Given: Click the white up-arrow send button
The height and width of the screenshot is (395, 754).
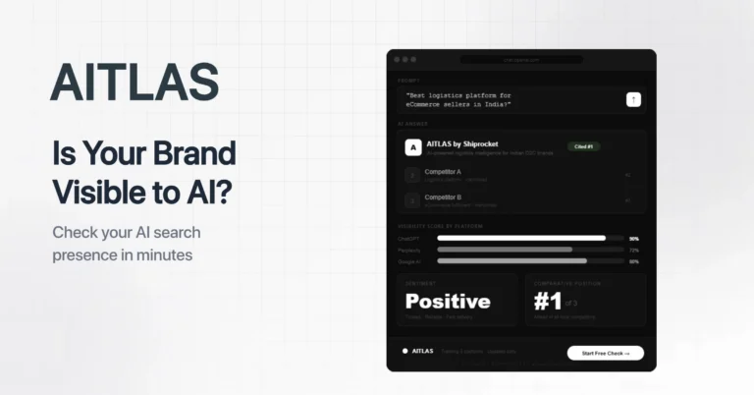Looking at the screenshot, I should point(633,98).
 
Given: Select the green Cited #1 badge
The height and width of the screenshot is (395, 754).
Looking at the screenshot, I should point(583,146).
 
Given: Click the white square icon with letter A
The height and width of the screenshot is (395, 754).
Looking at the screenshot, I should point(413,147).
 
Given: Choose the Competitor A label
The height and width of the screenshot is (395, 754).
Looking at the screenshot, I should point(443,172).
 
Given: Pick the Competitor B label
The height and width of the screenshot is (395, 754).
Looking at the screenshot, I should point(443,197).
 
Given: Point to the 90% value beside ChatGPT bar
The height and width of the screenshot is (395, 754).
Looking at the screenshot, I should point(634,239).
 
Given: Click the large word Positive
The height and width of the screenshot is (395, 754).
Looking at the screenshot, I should point(448,302).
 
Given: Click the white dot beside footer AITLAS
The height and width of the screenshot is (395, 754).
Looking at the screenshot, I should point(404,351).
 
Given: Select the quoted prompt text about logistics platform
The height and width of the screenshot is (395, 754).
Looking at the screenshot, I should point(459,98).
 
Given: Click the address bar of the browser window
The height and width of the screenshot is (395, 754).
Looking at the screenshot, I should point(520,59).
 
